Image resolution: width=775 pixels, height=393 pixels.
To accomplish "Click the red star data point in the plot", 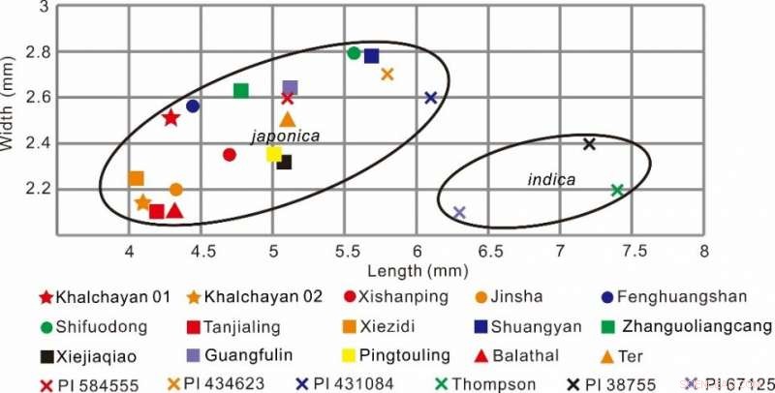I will (x=171, y=118).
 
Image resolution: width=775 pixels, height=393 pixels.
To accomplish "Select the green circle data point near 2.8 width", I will (x=354, y=53).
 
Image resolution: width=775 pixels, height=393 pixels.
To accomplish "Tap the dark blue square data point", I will (x=371, y=56).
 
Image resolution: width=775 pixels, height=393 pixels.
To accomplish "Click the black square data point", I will (x=284, y=162).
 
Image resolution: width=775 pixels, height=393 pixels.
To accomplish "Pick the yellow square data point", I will (x=273, y=154).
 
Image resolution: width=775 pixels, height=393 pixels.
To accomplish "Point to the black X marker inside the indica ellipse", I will (x=589, y=144).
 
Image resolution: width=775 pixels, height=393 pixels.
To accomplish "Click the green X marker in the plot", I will (x=617, y=190).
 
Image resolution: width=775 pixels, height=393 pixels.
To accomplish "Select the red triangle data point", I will (x=174, y=210).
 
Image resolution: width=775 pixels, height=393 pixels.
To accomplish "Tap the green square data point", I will (x=241, y=91).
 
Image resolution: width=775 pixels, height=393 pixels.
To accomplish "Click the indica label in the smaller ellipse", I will (x=550, y=180).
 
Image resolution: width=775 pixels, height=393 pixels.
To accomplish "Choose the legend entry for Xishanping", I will (x=399, y=297).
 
